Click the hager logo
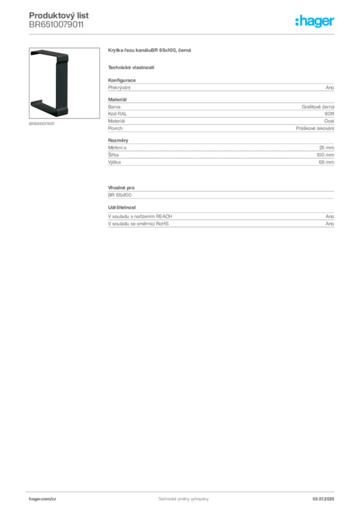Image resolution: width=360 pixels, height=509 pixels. pos(315,21)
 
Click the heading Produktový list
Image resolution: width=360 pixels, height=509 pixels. pos(59,15)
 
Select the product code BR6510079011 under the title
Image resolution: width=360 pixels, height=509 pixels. pos(56,25)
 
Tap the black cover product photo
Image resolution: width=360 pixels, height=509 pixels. pos(64,83)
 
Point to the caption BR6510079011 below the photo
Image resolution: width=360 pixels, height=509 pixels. pos(42,124)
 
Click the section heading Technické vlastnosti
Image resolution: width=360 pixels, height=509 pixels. pos(131,68)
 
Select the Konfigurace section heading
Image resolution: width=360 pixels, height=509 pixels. pos(122,80)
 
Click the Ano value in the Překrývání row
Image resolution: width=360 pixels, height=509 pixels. pos(330,87)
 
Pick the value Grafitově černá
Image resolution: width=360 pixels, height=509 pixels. pos(318,107)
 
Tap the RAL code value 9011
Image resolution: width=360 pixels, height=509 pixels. pos(329,114)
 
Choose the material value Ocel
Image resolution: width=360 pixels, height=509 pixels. pos(329,121)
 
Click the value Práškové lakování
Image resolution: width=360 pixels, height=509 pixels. pos(315,128)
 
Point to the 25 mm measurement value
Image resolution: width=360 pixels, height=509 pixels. pos(327,148)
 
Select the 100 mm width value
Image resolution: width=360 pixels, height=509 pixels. pos(325,155)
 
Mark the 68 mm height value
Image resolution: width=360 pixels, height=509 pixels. pos(326,162)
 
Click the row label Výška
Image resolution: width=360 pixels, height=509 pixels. pos(114,162)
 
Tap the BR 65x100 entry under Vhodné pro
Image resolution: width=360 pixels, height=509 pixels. pos(120,195)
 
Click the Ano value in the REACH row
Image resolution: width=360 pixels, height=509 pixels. pos(330,217)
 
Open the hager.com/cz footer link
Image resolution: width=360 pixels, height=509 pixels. pos(43,499)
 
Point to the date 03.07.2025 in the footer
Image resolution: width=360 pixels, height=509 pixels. pos(323,499)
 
